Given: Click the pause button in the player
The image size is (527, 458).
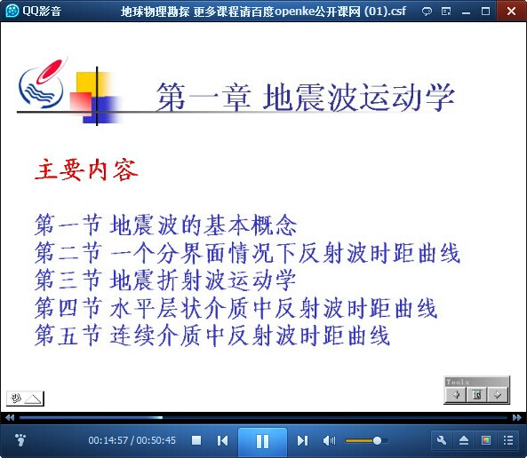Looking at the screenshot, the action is click(262, 441).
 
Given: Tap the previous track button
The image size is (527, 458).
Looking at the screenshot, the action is click(222, 440).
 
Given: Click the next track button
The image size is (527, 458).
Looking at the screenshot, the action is click(302, 440).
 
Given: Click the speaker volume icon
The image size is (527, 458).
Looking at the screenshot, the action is click(329, 440).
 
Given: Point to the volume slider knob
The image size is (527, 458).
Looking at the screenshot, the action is click(377, 440).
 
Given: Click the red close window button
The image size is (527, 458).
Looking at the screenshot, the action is click(512, 11).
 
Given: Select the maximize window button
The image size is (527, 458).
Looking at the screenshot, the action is click(485, 12).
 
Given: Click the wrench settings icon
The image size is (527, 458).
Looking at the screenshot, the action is click(442, 440).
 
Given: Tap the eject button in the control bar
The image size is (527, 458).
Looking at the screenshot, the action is click(464, 440).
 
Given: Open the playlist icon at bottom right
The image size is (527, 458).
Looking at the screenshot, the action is click(508, 440).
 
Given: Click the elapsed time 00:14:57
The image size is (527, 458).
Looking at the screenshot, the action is click(108, 440).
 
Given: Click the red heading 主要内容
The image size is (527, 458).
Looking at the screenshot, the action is click(87, 170).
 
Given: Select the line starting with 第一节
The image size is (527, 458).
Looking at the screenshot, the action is click(165, 225).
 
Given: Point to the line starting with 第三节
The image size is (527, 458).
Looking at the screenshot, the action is click(165, 280).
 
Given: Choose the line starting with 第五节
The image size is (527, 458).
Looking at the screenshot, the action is click(212, 336).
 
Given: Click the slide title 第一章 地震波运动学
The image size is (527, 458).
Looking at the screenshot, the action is click(306, 98).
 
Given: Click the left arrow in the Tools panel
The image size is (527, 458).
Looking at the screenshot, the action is click(456, 395).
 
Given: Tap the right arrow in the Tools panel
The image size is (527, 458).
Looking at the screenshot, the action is click(498, 395).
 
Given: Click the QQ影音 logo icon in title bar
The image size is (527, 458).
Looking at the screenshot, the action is click(12, 11).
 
